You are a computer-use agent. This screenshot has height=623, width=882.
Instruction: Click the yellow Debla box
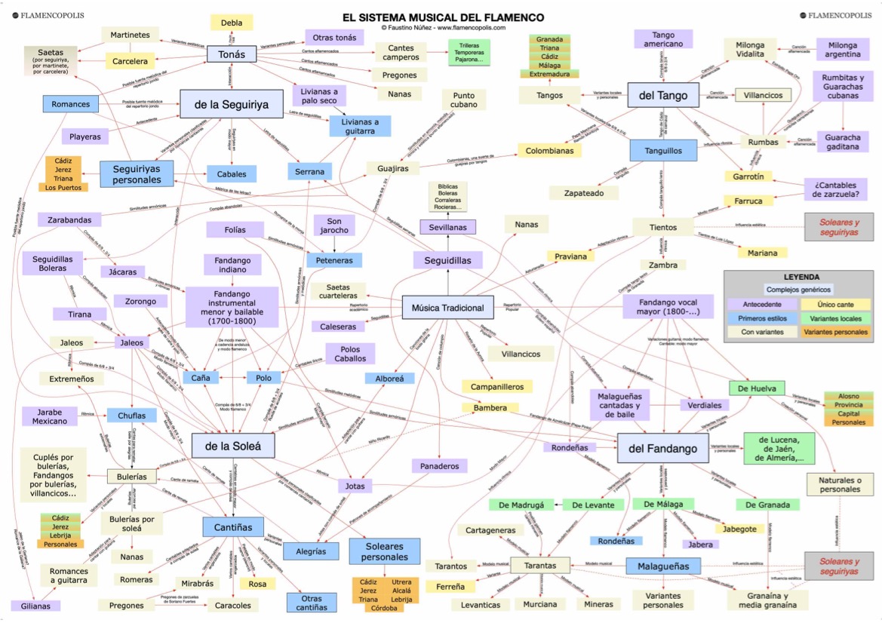coord(232,23)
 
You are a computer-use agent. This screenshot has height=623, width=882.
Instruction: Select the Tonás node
coord(232,54)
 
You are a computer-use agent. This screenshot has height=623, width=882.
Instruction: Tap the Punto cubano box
coord(464,100)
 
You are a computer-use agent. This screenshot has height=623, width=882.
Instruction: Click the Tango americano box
coord(663,39)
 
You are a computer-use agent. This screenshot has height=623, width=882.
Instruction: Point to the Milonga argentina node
coord(842,49)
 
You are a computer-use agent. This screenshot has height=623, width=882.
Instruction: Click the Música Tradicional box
coord(447,308)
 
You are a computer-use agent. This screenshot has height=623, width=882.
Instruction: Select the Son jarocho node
coord(333,226)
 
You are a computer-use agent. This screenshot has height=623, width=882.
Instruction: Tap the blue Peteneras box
coord(333,260)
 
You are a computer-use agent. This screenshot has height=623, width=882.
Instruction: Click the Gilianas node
coord(35,605)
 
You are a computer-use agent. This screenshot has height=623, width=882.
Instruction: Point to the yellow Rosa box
coord(257,583)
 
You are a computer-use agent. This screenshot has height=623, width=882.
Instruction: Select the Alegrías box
coord(312,551)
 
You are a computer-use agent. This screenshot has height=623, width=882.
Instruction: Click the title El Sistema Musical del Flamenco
coord(443,17)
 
